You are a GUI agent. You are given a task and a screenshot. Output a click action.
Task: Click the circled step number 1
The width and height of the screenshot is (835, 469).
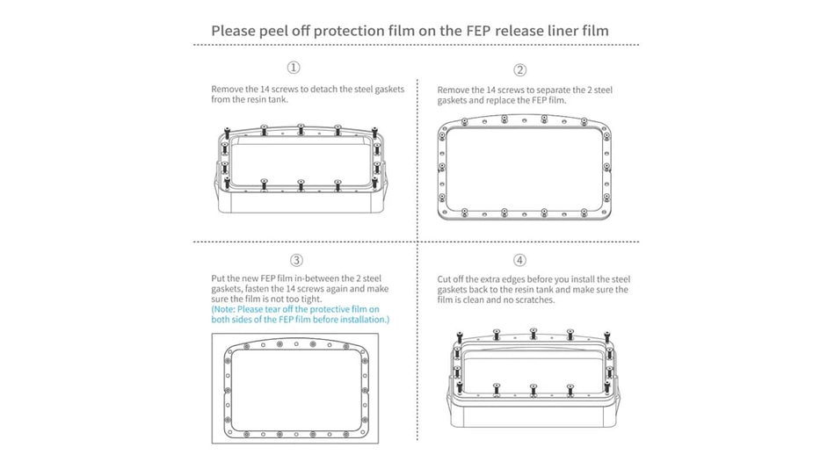pyautogui.click(x=294, y=68)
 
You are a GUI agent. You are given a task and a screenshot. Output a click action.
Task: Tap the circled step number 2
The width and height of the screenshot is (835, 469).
pyautogui.click(x=519, y=69)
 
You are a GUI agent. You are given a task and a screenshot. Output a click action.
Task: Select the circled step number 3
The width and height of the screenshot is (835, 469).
pyautogui.click(x=296, y=260)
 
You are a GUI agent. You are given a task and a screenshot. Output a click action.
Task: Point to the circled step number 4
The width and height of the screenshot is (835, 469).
pyautogui.click(x=519, y=260)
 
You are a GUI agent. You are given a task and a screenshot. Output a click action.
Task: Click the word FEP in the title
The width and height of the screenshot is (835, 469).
pyautogui.click(x=479, y=31)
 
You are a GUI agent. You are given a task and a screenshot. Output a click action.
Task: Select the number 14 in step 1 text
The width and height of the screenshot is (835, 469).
pyautogui.click(x=265, y=90)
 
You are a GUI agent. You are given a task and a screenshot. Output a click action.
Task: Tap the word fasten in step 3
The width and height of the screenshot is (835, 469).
pyautogui.click(x=256, y=289)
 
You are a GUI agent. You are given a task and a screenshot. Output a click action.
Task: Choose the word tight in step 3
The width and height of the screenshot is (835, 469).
pyautogui.click(x=310, y=299)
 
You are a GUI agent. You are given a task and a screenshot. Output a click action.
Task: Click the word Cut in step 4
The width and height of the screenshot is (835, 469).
pyautogui.click(x=444, y=279)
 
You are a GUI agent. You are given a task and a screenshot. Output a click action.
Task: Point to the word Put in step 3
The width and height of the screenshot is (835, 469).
pyautogui.click(x=218, y=278)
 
